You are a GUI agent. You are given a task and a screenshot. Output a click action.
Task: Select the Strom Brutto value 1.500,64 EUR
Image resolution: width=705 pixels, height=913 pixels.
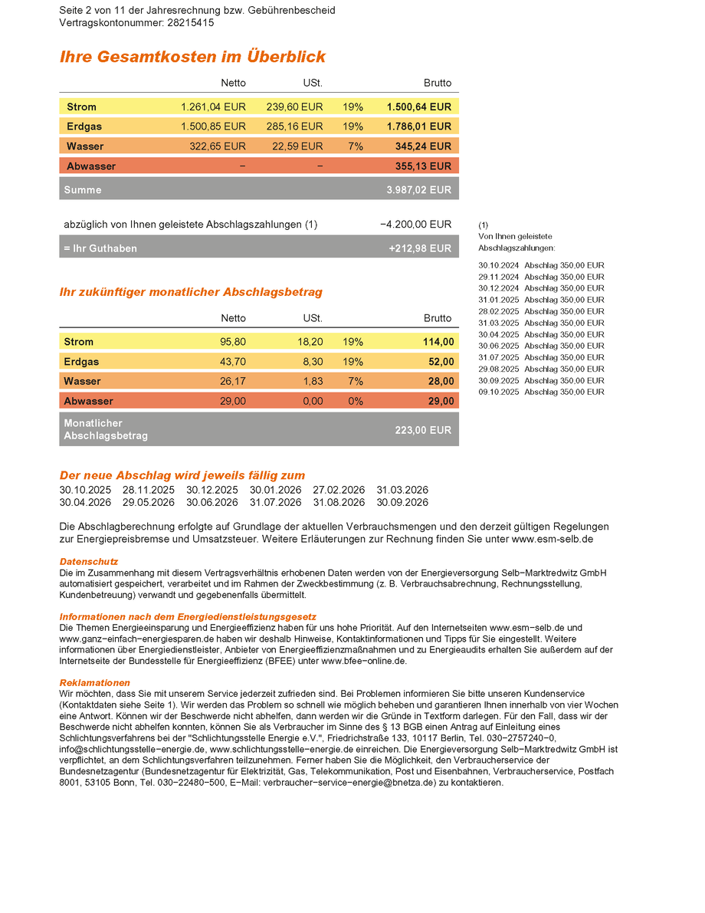pyautogui.click(x=419, y=107)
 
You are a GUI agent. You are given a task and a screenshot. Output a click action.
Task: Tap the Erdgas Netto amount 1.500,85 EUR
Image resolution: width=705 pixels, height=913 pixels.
pyautogui.click(x=213, y=126)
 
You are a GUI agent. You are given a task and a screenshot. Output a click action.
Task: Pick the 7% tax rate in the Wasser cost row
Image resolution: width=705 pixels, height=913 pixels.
pyautogui.click(x=355, y=146)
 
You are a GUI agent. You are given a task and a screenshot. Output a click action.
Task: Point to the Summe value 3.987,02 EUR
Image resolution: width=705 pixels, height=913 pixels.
pyautogui.click(x=419, y=189)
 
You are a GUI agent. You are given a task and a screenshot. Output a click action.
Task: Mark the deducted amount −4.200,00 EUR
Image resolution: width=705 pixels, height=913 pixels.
pyautogui.click(x=415, y=225)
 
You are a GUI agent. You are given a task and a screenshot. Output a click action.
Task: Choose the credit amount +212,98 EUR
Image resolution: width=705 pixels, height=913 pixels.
pyautogui.click(x=420, y=248)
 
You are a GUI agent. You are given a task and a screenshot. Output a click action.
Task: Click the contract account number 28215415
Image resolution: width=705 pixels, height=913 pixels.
pyautogui.click(x=190, y=23)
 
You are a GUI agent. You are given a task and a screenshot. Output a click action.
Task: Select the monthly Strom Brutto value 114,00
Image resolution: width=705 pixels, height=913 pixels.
pyautogui.click(x=438, y=342)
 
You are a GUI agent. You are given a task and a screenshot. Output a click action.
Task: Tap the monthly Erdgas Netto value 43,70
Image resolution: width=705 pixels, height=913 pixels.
pyautogui.click(x=233, y=362)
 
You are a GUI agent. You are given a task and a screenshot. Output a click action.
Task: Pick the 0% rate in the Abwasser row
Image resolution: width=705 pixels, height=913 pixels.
pyautogui.click(x=355, y=401)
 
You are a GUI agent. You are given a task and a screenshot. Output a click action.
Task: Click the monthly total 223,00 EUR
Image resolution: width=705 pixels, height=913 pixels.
pyautogui.click(x=423, y=430)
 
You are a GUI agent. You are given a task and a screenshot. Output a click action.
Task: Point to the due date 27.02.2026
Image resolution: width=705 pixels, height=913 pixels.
pyautogui.click(x=339, y=490)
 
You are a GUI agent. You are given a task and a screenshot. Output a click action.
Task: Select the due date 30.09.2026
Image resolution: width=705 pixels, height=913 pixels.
pyautogui.click(x=402, y=503)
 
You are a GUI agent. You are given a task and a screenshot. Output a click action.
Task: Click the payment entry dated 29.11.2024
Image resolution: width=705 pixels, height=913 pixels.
pyautogui.click(x=541, y=277)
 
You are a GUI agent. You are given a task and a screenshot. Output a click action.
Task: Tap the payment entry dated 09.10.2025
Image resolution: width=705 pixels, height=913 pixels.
pyautogui.click(x=541, y=392)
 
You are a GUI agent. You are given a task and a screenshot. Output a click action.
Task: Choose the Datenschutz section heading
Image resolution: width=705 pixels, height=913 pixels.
pyautogui.click(x=89, y=562)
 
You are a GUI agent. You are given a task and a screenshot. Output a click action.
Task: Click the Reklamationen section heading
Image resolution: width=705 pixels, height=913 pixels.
pyautogui.click(x=95, y=682)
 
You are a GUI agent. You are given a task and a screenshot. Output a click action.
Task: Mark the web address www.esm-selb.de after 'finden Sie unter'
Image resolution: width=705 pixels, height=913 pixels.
pyautogui.click(x=553, y=539)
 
